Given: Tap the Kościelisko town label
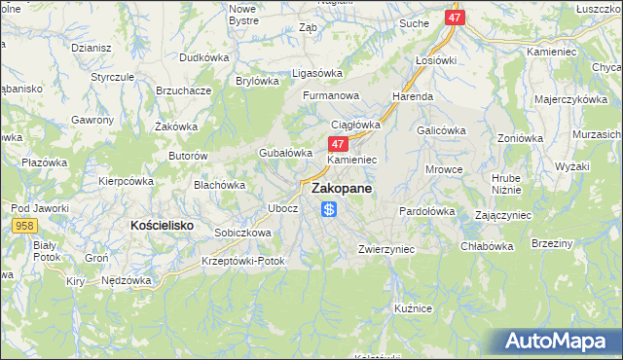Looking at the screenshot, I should pos(163,225).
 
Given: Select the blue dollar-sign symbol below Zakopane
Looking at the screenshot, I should pos(330,209).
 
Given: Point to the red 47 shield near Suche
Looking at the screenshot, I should pos(456,18).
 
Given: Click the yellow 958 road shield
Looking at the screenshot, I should pos(26,225).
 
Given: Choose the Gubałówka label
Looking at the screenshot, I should pos(285,153).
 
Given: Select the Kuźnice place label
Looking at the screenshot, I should pos(413,307).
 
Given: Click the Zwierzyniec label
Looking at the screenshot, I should pos(386,249).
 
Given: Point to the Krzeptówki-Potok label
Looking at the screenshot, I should pos(243,262).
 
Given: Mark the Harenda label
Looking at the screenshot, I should pos(413,97).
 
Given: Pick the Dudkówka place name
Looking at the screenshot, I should pos(203,57).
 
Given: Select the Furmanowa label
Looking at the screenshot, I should pos(331,96).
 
